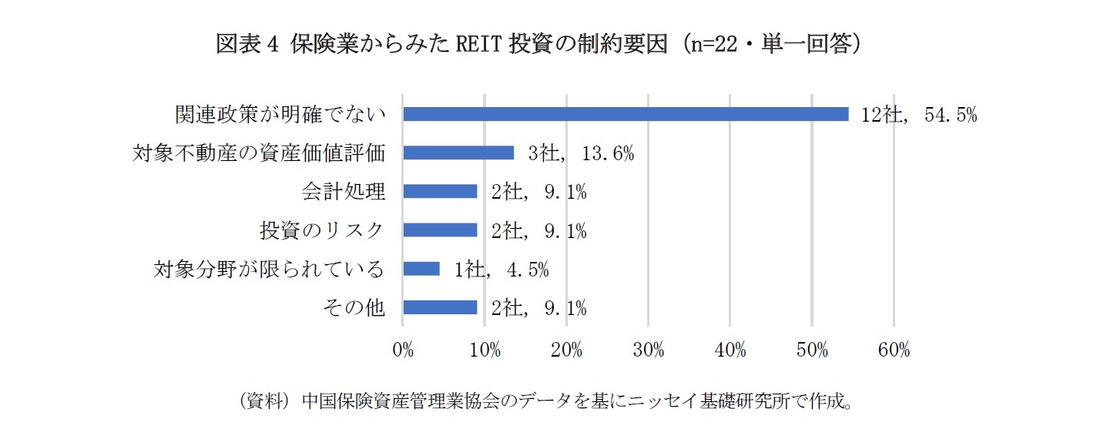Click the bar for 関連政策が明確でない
pyautogui.click(x=626, y=114)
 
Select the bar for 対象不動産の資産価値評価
pyautogui.click(x=458, y=153)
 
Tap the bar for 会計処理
pyautogui.click(x=440, y=192)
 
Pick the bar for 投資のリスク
pyautogui.click(x=440, y=230)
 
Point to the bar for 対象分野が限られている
pyautogui.click(x=421, y=269)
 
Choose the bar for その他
pyautogui.click(x=440, y=308)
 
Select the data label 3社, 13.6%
pyautogui.click(x=581, y=153)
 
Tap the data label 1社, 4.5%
pyautogui.click(x=502, y=270)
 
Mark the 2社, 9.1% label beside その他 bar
pyautogui.click(x=539, y=309)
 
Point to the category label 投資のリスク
pyautogui.click(x=321, y=230)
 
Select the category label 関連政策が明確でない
pyautogui.click(x=279, y=115)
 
